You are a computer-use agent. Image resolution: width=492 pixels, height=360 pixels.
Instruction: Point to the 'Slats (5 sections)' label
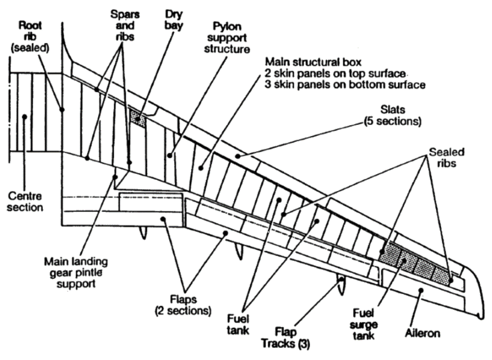pos(392,115)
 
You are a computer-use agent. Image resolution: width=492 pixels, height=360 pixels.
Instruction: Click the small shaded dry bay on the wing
pos(138,117)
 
